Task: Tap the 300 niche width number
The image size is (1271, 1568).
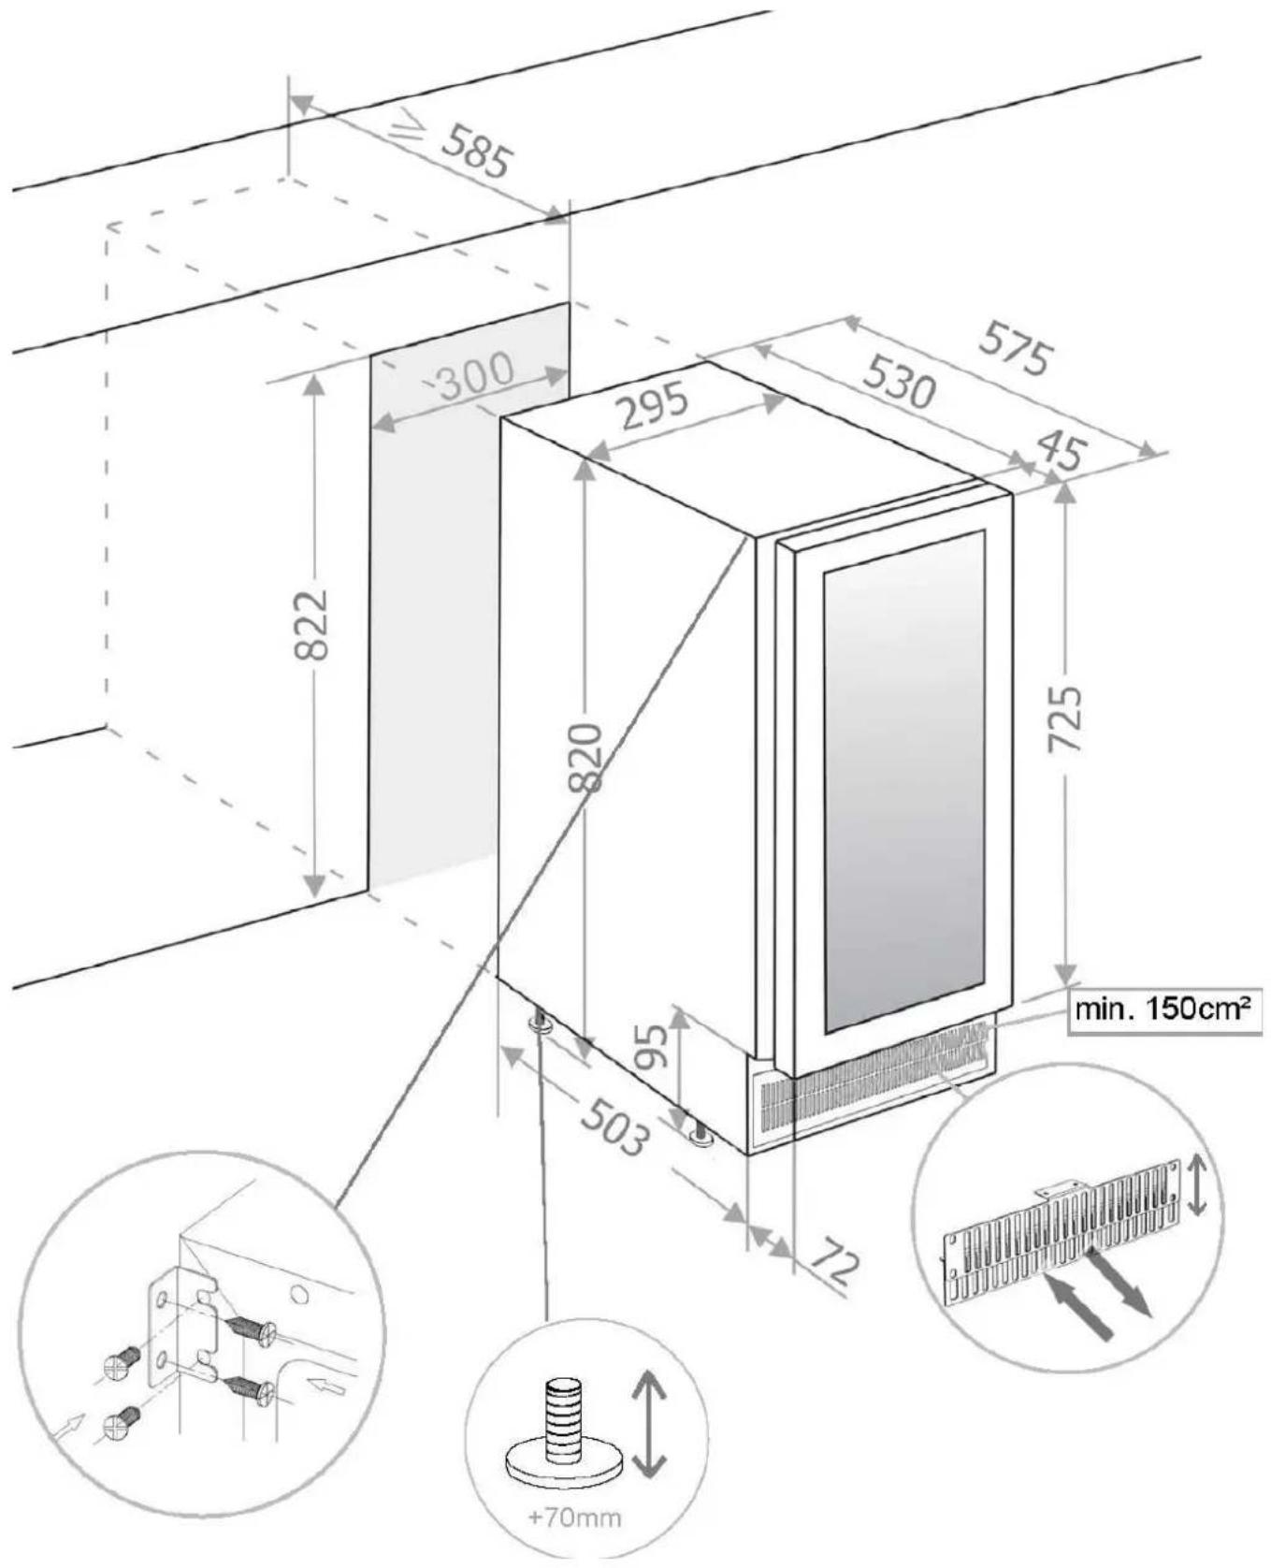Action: pyautogui.click(x=475, y=374)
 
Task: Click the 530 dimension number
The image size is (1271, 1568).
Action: pyautogui.click(x=897, y=381)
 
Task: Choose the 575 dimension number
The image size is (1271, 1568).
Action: pyautogui.click(x=1016, y=350)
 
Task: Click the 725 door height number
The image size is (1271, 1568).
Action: pyautogui.click(x=1065, y=719)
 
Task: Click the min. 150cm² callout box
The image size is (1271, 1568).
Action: pyautogui.click(x=1163, y=1009)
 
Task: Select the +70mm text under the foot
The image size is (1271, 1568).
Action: pyautogui.click(x=574, y=1517)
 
